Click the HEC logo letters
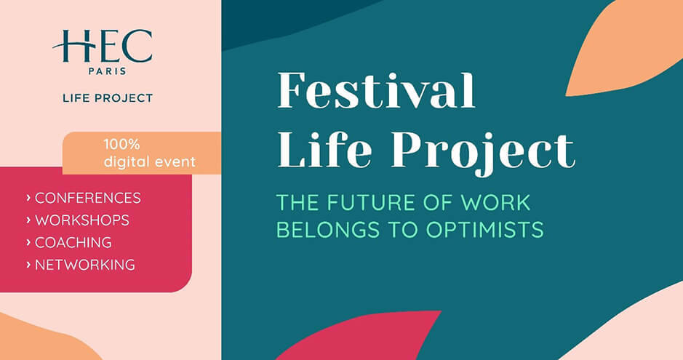coord(103,46)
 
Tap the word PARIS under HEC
coord(108,71)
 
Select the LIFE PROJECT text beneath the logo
coord(108,98)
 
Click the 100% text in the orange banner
coord(121,144)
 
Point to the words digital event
coord(149,162)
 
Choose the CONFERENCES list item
coord(87,198)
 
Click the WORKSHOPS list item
coord(82,220)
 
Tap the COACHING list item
coord(73,242)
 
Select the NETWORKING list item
coord(85,265)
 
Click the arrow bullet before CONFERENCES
coord(28,198)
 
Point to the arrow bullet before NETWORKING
coord(28,265)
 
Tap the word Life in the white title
coord(325,149)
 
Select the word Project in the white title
coord(484,152)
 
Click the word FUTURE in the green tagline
coord(373,203)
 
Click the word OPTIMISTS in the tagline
coord(485,230)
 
